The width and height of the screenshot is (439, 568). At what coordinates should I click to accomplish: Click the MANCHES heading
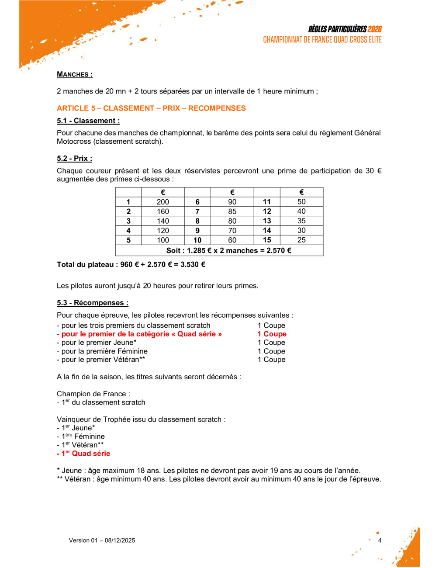click(75, 74)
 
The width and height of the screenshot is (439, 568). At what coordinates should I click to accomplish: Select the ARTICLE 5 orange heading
click(151, 108)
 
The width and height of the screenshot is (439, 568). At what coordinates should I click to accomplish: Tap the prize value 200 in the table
click(163, 202)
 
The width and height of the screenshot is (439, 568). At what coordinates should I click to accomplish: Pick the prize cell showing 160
click(163, 211)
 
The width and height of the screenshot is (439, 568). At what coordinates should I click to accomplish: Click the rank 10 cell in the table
click(197, 240)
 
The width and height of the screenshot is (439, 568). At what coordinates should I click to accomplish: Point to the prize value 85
click(232, 211)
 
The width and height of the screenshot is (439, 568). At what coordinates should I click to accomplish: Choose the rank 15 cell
click(267, 240)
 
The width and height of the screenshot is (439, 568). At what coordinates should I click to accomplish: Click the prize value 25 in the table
click(301, 240)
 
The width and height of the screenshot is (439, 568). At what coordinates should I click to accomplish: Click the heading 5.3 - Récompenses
click(93, 303)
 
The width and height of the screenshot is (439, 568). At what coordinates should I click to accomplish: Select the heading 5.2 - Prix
click(74, 159)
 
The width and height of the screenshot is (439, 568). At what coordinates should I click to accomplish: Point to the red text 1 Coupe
click(272, 334)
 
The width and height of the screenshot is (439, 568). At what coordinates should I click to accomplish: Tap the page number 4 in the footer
click(380, 540)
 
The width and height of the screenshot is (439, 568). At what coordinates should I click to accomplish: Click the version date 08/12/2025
click(120, 540)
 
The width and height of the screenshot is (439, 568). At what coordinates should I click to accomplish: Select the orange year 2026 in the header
click(374, 29)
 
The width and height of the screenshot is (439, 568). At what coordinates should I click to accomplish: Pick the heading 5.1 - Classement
click(88, 121)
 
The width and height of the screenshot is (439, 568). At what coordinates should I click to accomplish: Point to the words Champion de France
click(93, 394)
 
